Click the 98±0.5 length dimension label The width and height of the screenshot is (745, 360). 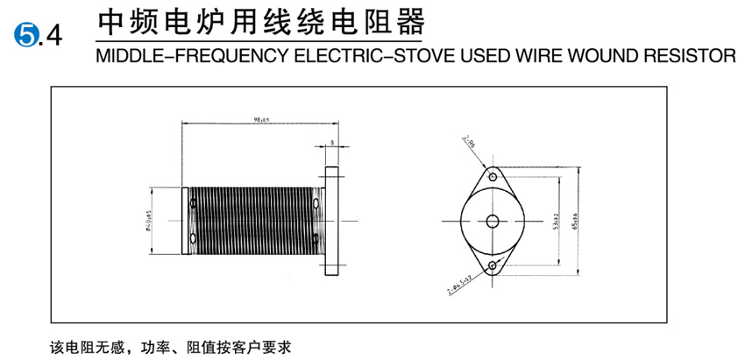click(260, 117)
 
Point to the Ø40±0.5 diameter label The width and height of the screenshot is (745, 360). click(150, 220)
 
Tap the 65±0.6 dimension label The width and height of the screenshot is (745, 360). click(575, 219)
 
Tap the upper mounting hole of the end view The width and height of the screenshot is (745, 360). click(493, 175)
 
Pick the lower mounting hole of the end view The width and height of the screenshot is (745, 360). click(493, 265)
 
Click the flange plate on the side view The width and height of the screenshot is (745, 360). click(332, 219)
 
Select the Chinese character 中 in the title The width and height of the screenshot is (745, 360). click(111, 22)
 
